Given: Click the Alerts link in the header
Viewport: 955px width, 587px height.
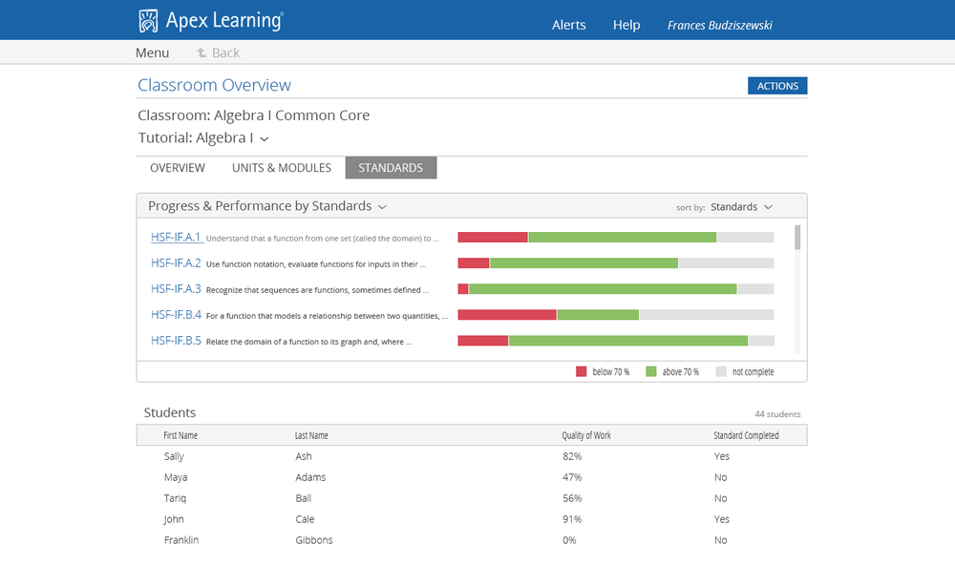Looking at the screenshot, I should (x=568, y=25).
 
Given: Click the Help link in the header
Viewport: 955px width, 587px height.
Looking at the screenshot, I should (x=626, y=25).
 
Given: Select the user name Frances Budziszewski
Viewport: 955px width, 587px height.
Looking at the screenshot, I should (x=719, y=25).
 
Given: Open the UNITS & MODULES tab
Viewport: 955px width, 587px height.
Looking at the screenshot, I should (x=282, y=168).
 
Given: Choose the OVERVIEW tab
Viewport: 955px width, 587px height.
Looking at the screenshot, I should (x=178, y=168).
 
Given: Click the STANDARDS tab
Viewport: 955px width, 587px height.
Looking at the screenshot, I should (x=391, y=168).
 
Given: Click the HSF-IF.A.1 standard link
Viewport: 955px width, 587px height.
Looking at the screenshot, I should (x=176, y=238).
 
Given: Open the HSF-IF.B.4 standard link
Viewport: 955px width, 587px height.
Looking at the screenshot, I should (x=176, y=315).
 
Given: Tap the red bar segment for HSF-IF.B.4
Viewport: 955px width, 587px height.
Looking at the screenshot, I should (x=507, y=315).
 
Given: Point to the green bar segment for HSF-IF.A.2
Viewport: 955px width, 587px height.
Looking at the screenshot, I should (x=584, y=263).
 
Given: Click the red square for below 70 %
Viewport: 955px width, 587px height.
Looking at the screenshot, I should (x=581, y=371).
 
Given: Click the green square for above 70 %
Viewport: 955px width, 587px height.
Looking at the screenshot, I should (x=651, y=371).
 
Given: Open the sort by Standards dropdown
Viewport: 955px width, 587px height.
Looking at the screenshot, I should (x=741, y=207).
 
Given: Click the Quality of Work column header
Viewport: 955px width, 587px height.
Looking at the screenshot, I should (x=586, y=435).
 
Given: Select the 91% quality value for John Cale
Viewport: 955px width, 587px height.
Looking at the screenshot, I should (x=572, y=519).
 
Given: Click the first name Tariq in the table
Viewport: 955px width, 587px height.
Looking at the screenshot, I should (x=176, y=498).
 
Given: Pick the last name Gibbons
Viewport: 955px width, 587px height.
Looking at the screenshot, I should (x=314, y=540).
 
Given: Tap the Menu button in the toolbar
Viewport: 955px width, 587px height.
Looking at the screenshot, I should (x=152, y=52).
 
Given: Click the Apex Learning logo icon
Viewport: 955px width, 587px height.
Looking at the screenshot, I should (x=148, y=21).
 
